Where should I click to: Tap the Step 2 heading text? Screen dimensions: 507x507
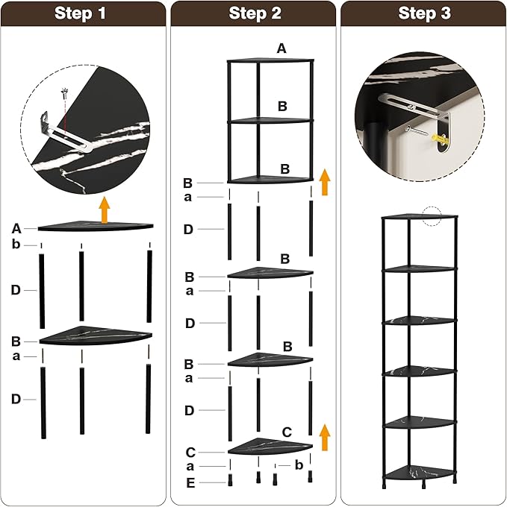(x=255, y=13)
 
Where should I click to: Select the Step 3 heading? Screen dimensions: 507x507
(x=424, y=13)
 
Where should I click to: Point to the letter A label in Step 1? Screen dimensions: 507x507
(x=16, y=228)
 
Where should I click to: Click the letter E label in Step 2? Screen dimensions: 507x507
(x=190, y=482)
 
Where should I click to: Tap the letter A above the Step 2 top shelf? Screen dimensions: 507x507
(x=281, y=48)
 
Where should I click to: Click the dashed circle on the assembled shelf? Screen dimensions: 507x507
(x=432, y=215)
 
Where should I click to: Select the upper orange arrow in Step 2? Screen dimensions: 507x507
(x=325, y=181)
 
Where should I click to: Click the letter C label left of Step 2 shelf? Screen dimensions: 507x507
(x=190, y=452)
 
